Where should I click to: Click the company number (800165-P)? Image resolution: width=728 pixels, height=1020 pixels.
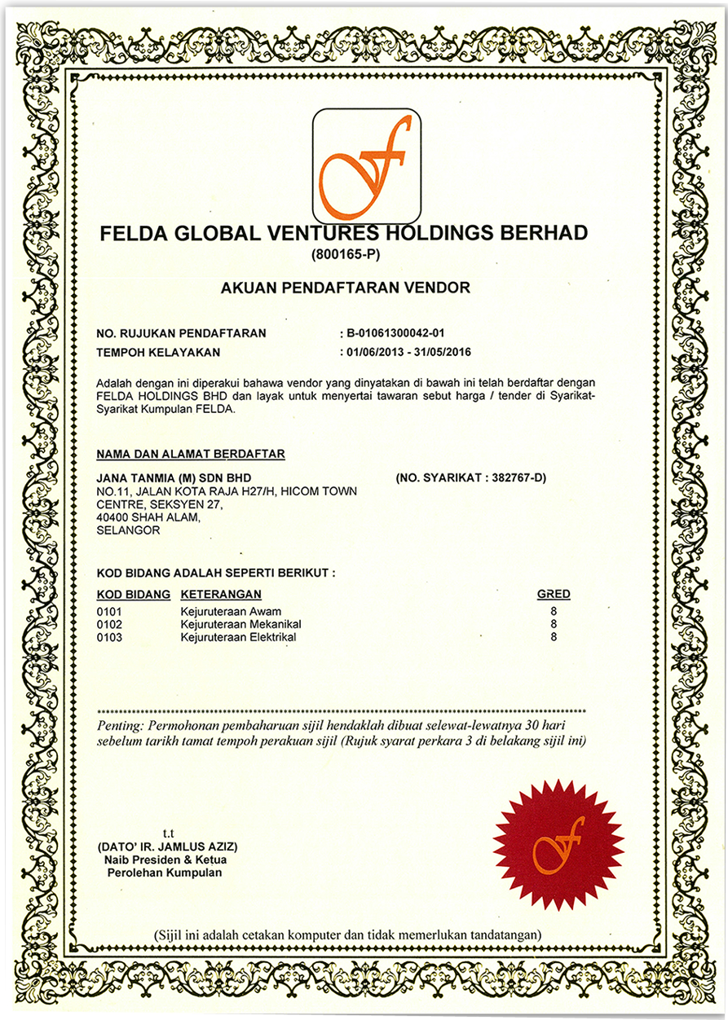[x=346, y=255]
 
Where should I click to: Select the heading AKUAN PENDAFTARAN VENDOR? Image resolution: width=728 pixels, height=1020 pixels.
[x=345, y=288]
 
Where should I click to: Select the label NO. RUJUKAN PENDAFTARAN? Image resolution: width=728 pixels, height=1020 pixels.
[x=181, y=333]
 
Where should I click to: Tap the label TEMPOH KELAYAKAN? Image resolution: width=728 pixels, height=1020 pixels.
[x=158, y=352]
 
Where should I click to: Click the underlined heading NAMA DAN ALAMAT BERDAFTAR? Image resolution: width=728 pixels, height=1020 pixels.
[x=191, y=454]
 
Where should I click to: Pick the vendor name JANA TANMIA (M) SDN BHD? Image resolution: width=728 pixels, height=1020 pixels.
[x=174, y=477]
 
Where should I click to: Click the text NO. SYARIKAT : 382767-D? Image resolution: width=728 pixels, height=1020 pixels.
[x=470, y=477]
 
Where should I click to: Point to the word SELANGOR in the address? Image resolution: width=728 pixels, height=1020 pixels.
[x=127, y=530]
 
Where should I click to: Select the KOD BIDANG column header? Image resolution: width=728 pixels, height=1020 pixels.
[x=133, y=595]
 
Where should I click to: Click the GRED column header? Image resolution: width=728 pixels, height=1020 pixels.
[x=554, y=595]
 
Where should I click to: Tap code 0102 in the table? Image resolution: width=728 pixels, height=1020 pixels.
[x=109, y=624]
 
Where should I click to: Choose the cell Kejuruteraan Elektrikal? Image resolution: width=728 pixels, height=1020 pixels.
[x=238, y=637]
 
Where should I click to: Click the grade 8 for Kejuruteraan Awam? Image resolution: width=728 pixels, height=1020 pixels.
[x=554, y=611]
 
